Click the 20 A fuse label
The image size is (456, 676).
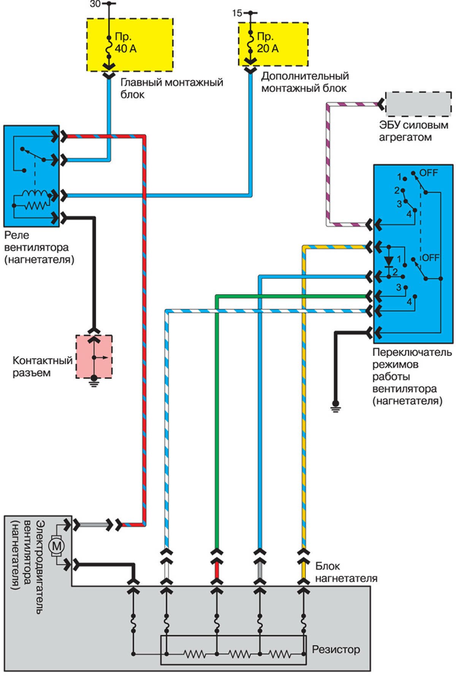point(267,43)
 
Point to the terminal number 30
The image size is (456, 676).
point(95,4)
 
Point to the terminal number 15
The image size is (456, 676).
point(237,13)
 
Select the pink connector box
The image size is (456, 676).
point(94,356)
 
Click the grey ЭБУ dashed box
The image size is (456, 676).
point(418,103)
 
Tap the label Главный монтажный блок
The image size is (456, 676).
point(171,88)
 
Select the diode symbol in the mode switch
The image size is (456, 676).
point(388,261)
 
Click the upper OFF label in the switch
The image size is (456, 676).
point(429,173)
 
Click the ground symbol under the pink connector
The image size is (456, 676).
point(93,382)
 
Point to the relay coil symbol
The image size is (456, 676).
point(35,199)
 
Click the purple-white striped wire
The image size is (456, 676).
point(328,164)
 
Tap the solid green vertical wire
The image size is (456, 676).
point(217,418)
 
